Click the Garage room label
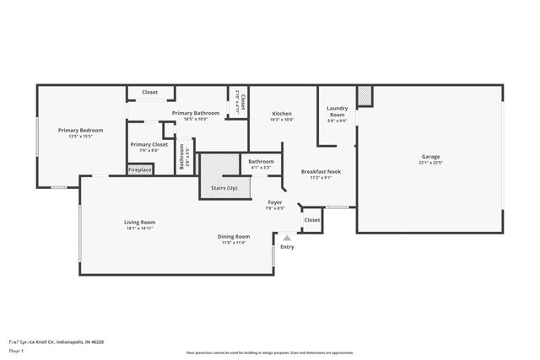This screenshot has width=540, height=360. coord(430,157)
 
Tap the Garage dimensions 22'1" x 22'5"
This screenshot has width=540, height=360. coord(430,164)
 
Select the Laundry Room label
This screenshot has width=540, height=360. coord(337,111)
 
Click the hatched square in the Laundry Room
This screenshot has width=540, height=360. coord(364,97)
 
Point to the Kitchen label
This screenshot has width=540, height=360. coord(282,114)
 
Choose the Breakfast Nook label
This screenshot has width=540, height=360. coord(321,171)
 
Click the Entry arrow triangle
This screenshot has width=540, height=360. coord(287,239)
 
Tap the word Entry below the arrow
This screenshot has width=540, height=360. coord(287,247)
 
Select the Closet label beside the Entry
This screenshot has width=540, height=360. coord(312,220)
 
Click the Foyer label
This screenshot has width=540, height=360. coord(275,202)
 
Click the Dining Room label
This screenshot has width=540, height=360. coord(236,237)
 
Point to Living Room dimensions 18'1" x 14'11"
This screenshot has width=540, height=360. coord(140,228)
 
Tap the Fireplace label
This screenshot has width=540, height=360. coord(140,170)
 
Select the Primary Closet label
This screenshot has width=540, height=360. coord(149,144)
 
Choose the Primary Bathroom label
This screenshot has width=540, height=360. coord(196,113)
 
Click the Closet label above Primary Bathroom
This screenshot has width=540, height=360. coord(149,92)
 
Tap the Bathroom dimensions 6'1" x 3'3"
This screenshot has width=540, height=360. coord(261,167)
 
